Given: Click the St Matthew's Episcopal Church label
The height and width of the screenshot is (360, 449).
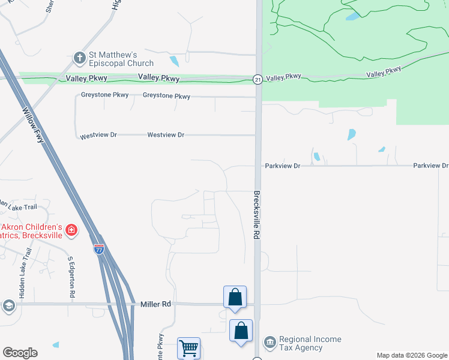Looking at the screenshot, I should [121, 58].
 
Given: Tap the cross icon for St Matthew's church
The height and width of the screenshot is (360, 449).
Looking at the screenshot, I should [79, 58].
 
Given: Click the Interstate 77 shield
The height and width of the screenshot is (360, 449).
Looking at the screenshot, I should [99, 249].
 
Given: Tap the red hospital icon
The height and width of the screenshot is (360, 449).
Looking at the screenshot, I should [71, 230].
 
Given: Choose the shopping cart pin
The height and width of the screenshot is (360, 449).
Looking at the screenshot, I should [188, 348].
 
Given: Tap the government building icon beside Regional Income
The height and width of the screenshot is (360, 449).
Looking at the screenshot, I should [270, 343].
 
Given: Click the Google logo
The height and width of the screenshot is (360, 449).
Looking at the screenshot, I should [20, 353].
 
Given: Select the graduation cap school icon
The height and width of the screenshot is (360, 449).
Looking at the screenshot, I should [8, 307].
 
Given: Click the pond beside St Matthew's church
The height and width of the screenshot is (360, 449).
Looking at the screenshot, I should [174, 61].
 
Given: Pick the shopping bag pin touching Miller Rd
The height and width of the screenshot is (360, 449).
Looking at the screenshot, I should [235, 298].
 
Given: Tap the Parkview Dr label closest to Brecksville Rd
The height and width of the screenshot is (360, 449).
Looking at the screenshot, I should [282, 166].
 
